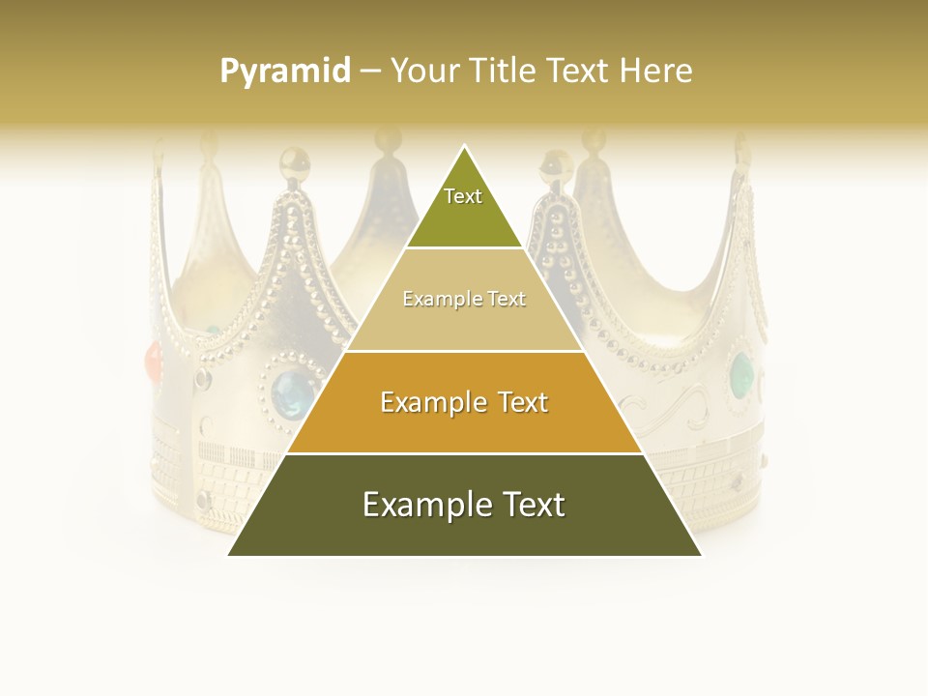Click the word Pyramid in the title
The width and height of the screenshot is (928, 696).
[x=284, y=71]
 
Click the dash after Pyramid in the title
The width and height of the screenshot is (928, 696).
[x=369, y=72]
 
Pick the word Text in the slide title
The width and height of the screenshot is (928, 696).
[x=580, y=71]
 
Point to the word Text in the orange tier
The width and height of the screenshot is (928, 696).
[x=517, y=402]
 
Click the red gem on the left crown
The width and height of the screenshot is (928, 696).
[x=154, y=362]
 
